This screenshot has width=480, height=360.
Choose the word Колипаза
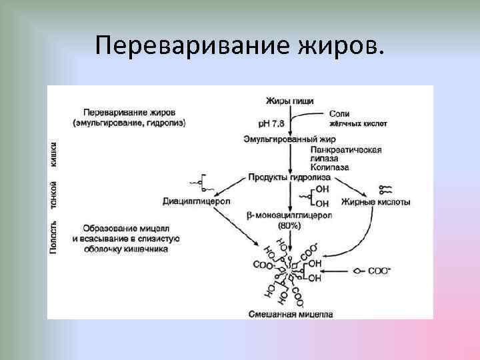[x=329, y=168]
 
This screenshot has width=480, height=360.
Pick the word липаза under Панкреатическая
[x=325, y=159]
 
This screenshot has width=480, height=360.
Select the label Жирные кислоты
[x=375, y=201]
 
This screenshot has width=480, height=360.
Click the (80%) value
[x=290, y=226]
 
